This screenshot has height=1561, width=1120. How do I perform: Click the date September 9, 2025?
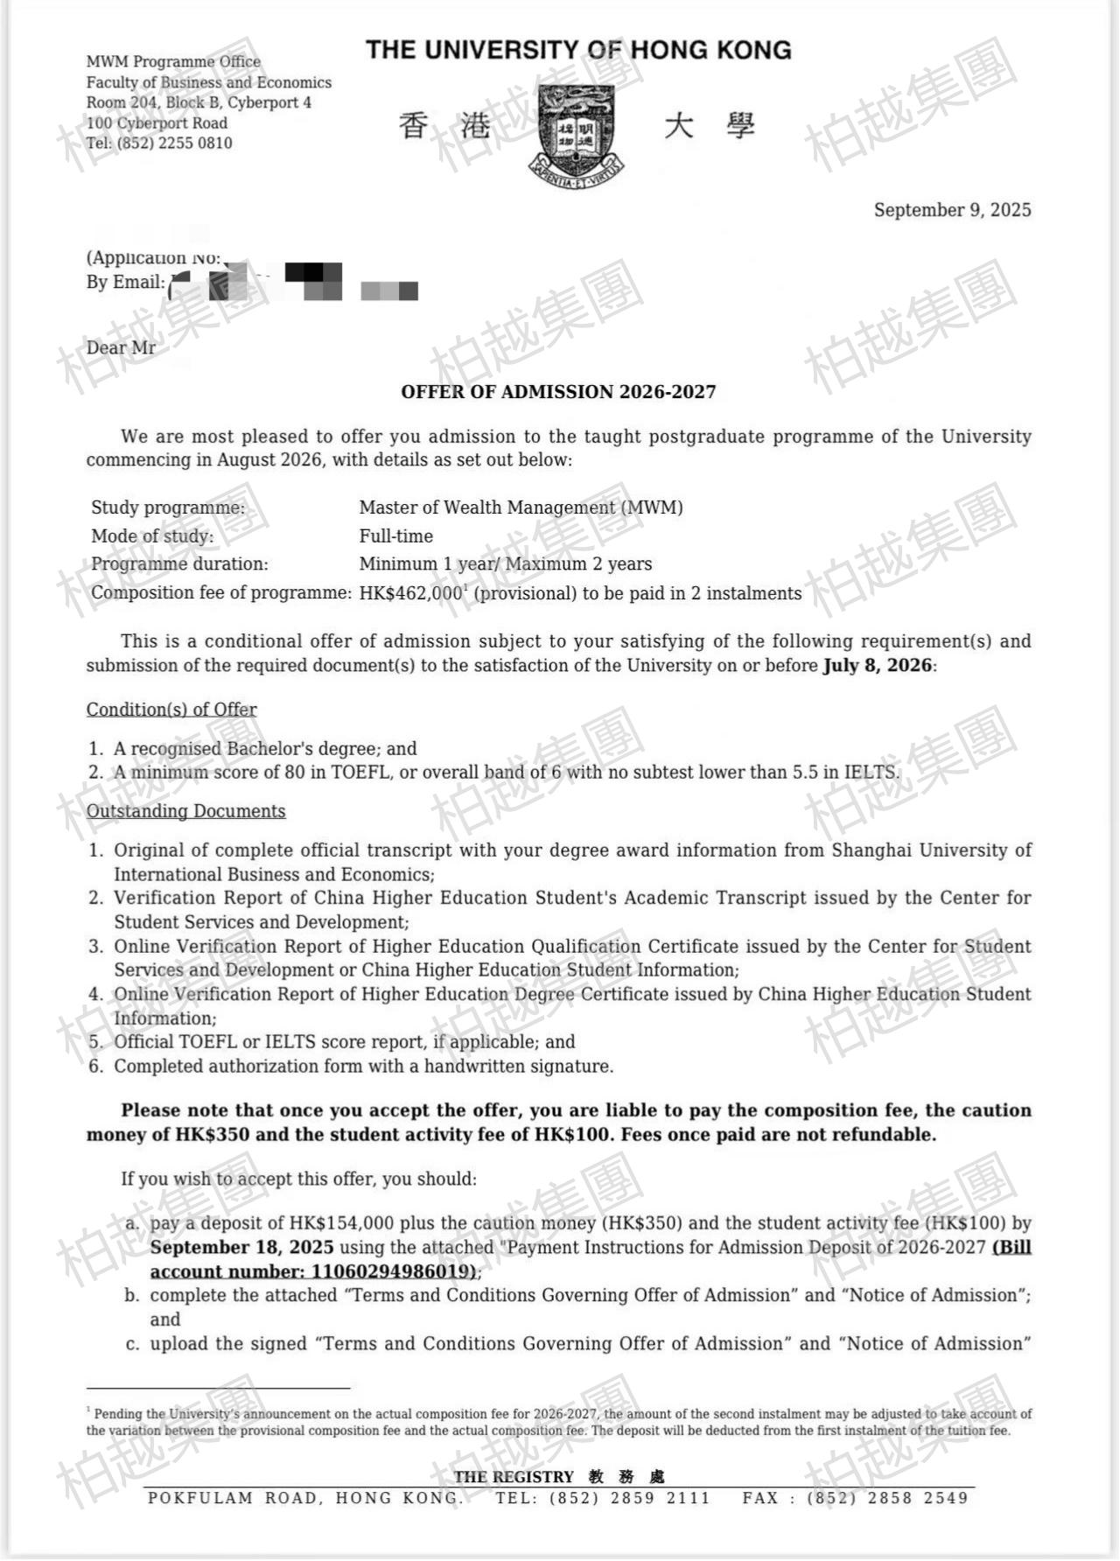pyautogui.click(x=952, y=210)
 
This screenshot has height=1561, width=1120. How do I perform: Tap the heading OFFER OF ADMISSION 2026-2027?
pyautogui.click(x=558, y=392)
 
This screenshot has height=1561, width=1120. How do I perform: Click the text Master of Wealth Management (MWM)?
pyautogui.click(x=521, y=507)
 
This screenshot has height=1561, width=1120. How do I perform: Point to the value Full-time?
pyautogui.click(x=395, y=536)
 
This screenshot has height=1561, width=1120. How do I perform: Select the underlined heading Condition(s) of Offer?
pyautogui.click(x=171, y=710)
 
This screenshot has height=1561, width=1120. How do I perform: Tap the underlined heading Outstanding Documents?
pyautogui.click(x=185, y=811)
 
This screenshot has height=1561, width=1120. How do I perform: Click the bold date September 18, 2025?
pyautogui.click(x=241, y=1247)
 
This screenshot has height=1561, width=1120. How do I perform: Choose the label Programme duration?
pyautogui.click(x=179, y=564)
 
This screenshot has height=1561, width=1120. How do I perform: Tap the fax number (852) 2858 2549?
pyautogui.click(x=887, y=1498)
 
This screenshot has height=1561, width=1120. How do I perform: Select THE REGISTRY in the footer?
pyautogui.click(x=514, y=1477)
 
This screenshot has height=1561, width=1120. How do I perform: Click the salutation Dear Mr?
pyautogui.click(x=121, y=348)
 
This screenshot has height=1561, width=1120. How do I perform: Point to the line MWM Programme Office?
pyautogui.click(x=173, y=62)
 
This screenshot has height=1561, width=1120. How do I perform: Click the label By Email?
pyautogui.click(x=125, y=282)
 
